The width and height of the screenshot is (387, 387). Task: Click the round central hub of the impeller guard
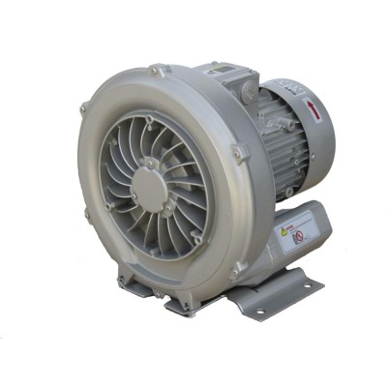pos(151,180)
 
